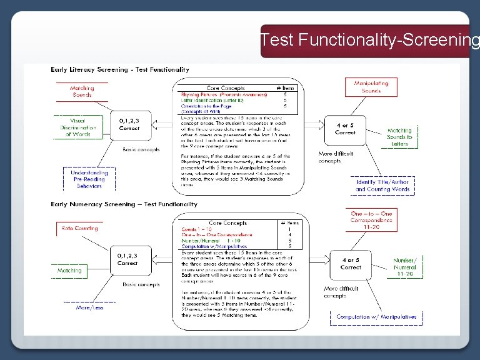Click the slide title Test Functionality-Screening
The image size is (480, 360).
pos(370,40)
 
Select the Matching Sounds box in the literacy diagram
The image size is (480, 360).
pos(82,92)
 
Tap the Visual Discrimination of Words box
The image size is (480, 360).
pos(77,127)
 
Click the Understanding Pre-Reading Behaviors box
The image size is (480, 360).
pos(89,179)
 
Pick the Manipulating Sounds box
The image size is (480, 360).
pos(371,87)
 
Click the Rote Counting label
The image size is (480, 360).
pos(80,229)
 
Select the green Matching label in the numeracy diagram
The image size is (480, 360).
pos(69,271)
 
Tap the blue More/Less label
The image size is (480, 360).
pos(89,307)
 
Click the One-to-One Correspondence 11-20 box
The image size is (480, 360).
pos(371,221)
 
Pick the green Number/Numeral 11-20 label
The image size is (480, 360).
pos(404,267)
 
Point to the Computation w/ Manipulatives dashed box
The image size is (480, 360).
pos(376,317)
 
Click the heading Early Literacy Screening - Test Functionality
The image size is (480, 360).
pos(120,70)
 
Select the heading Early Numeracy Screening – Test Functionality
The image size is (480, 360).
pos(124,204)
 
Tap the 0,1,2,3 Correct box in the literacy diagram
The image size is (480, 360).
pos(129,124)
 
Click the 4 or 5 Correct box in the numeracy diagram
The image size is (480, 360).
pos(351,264)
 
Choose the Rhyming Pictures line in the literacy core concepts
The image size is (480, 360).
pos(224,95)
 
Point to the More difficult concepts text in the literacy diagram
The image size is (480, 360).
pos(336,157)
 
